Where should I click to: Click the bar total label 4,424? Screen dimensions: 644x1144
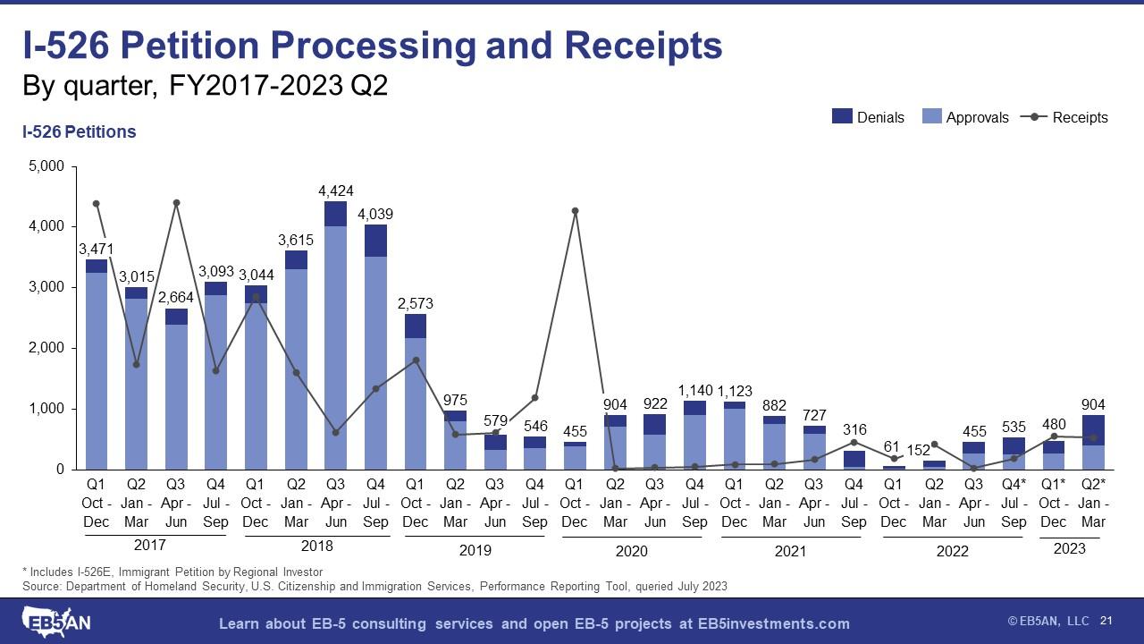(335, 191)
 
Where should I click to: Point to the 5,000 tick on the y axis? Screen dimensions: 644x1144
(46, 166)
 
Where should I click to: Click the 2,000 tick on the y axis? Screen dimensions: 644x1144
(46, 348)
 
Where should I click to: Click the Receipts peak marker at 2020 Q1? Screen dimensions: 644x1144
(576, 211)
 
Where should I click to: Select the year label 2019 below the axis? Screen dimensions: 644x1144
(475, 550)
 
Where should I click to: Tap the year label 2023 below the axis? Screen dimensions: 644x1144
(1070, 548)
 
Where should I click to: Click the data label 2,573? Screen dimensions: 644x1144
(415, 304)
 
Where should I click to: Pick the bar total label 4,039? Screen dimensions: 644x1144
(375, 215)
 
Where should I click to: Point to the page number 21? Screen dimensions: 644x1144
(1106, 621)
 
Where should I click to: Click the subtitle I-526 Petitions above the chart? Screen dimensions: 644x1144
(79, 132)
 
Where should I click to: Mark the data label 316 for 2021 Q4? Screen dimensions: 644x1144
(854, 430)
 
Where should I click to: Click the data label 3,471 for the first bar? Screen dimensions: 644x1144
(96, 248)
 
